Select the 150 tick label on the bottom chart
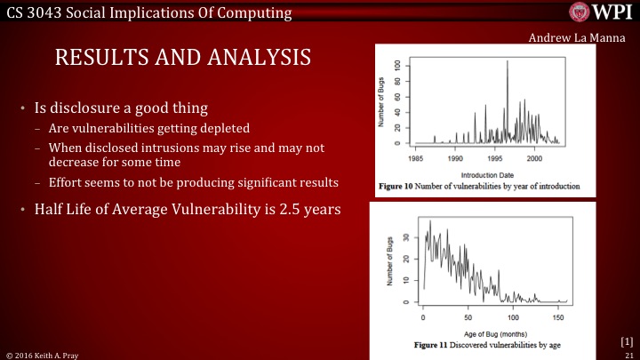click(x=557, y=316)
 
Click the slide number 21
click(x=629, y=354)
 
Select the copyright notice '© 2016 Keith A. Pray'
click(x=41, y=354)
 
